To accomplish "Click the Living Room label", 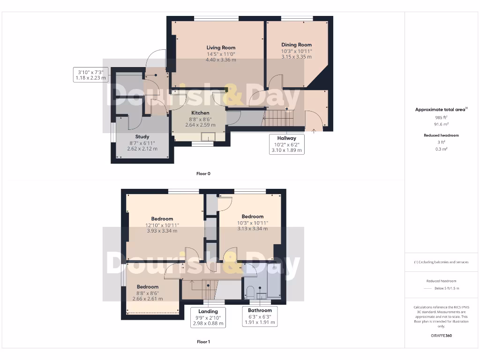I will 221,47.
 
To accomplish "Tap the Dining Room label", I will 296,45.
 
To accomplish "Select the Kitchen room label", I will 200,113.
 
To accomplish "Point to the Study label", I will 142,137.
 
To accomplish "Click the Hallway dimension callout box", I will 286,144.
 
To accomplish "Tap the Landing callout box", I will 208,317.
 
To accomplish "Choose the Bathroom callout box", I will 260,316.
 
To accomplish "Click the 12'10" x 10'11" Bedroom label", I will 162,219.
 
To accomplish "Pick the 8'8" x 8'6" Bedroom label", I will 148,286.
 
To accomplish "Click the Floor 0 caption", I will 203,173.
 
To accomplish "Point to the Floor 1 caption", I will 203,342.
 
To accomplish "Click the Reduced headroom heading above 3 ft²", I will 441,135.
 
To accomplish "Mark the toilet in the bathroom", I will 250,292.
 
